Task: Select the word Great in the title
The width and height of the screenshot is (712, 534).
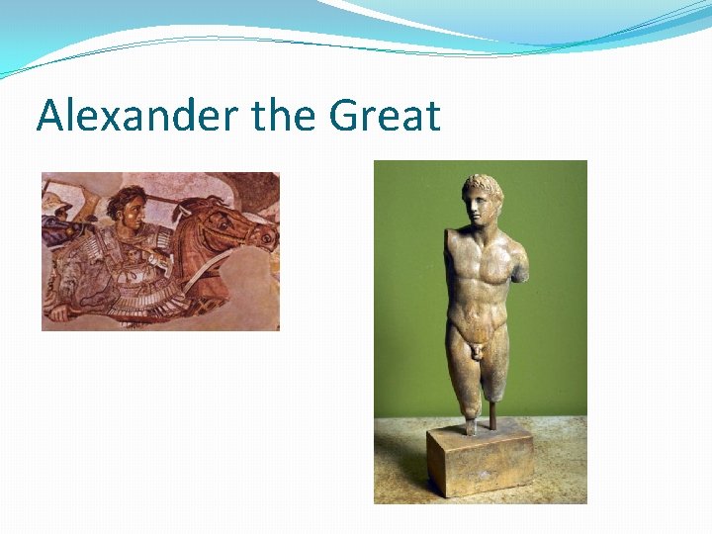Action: tap(385, 116)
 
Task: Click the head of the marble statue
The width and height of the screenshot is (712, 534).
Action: tap(482, 203)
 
